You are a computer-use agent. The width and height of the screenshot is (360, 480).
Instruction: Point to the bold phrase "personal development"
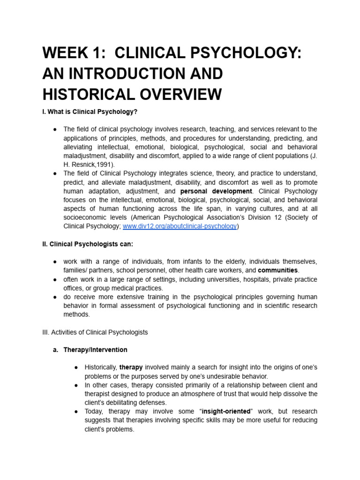tap(216, 191)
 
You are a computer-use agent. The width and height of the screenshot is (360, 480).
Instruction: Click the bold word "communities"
tap(277, 270)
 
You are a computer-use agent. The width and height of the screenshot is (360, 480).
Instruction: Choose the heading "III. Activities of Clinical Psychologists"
tap(95, 332)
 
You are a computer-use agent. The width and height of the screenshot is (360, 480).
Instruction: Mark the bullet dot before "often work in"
tap(55, 279)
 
